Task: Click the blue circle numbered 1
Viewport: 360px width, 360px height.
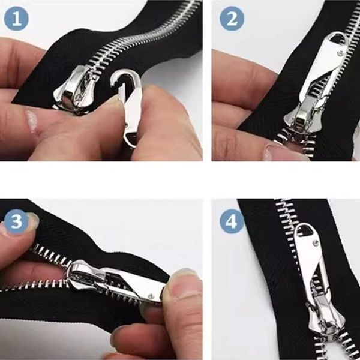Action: click(x=16, y=19)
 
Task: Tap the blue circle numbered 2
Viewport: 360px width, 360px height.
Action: click(x=232, y=19)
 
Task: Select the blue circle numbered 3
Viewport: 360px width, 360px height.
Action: click(x=16, y=221)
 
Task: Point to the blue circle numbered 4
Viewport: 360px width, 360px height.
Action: click(x=232, y=221)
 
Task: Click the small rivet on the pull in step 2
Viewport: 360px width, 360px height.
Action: click(x=340, y=54)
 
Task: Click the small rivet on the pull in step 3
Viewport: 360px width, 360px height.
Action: click(x=151, y=296)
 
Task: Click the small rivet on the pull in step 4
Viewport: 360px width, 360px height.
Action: click(x=316, y=242)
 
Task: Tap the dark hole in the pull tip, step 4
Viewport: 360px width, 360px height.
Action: click(x=302, y=230)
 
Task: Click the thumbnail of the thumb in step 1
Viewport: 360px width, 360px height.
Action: click(x=32, y=121)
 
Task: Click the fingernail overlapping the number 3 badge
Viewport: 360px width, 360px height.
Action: click(x=32, y=220)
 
